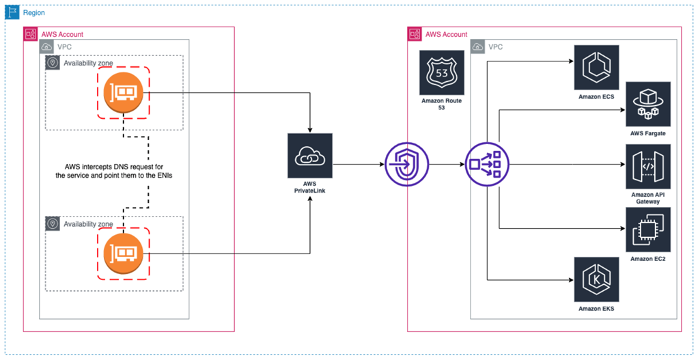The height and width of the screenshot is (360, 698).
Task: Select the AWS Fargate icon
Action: pyautogui.click(x=648, y=104)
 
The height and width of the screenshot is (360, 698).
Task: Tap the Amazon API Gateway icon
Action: pyautogui.click(x=648, y=166)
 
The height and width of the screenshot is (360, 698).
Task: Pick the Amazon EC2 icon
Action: pyautogui.click(x=648, y=229)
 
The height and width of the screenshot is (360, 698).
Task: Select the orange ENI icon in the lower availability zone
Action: pyautogui.click(x=124, y=254)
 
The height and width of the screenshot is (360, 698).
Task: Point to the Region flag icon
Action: pyautogui.click(x=13, y=13)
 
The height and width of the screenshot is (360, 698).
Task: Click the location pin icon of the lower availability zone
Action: pyautogui.click(x=53, y=223)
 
